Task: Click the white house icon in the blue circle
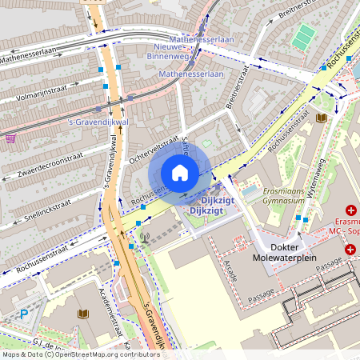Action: tap(180, 173)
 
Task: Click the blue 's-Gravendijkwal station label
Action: tap(98, 122)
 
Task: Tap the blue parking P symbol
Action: tap(24, 314)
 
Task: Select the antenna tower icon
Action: tap(145, 238)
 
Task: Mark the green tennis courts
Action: tap(303, 37)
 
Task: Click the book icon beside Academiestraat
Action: tap(82, 314)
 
